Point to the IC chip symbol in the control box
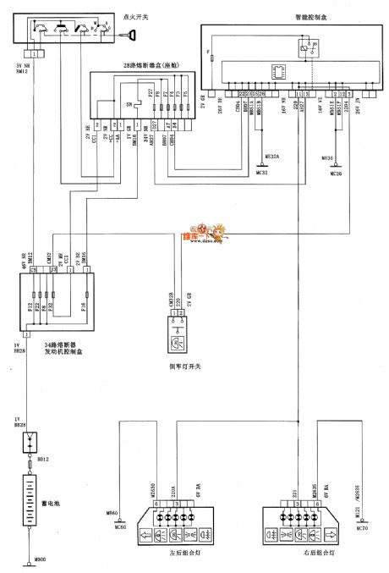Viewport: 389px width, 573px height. pyautogui.click(x=276, y=72)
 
